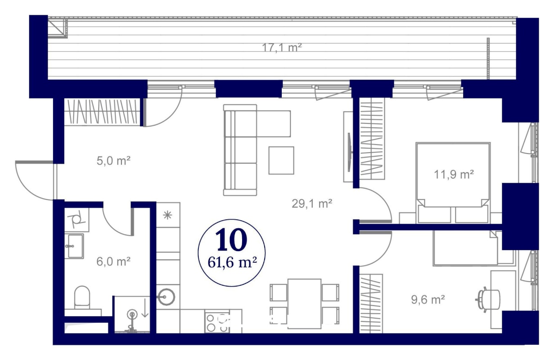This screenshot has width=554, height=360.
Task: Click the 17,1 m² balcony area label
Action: [x=282, y=47]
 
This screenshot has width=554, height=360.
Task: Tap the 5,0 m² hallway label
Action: [x=113, y=161]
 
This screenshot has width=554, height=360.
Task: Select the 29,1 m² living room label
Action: [x=311, y=204]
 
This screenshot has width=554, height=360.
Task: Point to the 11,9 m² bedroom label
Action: [x=454, y=175]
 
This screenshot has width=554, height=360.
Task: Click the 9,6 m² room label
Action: [x=428, y=300]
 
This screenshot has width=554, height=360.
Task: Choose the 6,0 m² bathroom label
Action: [x=113, y=261]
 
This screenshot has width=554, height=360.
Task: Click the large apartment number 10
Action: [x=231, y=239]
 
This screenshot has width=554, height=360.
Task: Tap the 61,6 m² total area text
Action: [x=232, y=263]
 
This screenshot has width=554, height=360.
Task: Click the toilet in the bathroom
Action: [x=82, y=297]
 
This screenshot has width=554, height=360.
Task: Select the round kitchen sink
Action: [x=167, y=297]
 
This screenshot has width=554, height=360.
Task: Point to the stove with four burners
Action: [x=217, y=324]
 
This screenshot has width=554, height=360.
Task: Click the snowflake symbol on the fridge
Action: [x=167, y=216]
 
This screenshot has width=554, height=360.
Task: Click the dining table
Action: [x=305, y=304]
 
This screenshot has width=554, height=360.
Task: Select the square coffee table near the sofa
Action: [x=281, y=161]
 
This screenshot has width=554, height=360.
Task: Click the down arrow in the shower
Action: [x=144, y=308]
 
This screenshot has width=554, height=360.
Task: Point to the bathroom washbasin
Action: [x=74, y=246]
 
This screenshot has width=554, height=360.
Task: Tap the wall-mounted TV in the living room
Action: [x=350, y=152]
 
